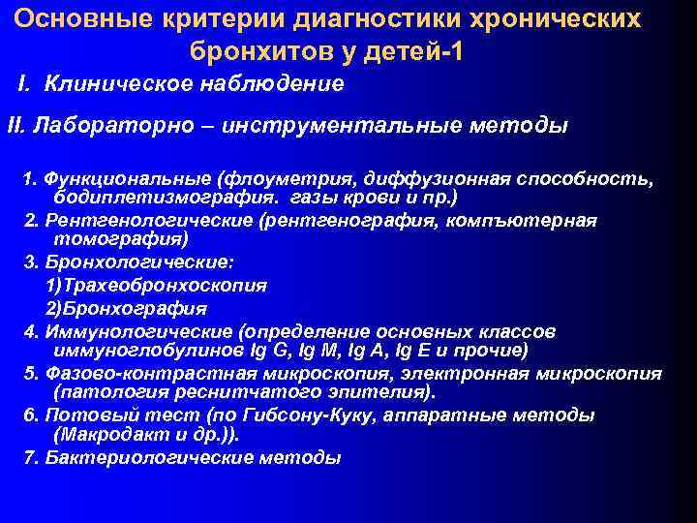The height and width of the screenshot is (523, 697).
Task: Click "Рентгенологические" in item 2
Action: (x=143, y=220)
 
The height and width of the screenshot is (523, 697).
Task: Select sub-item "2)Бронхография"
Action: (x=126, y=309)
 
